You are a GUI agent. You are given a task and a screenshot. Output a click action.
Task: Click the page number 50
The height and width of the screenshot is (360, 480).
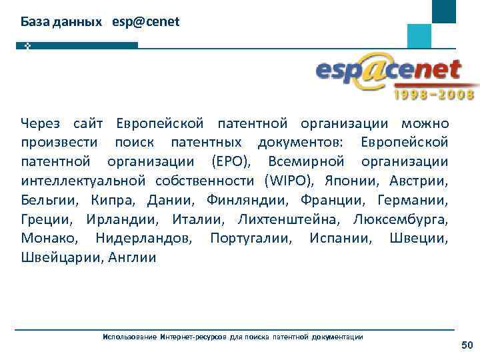[x=467, y=345]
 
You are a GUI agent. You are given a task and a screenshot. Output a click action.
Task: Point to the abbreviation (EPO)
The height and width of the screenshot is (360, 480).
[x=231, y=162]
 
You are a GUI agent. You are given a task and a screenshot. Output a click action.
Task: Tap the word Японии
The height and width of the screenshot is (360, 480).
[x=354, y=181]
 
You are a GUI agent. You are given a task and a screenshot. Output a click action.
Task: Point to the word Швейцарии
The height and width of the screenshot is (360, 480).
[x=59, y=257]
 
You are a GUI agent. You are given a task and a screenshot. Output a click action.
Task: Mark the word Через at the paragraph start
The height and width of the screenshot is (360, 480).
[x=41, y=123]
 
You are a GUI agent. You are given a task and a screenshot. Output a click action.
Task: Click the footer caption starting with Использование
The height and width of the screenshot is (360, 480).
[x=233, y=337]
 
